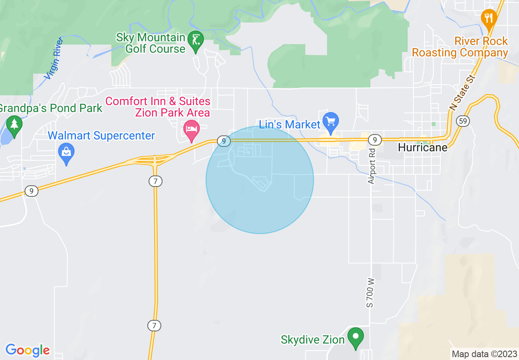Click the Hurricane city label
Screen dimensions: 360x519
[423, 148]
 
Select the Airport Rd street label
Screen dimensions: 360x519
[371, 165]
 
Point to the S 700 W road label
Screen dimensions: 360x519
[370, 292]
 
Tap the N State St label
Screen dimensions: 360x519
[463, 92]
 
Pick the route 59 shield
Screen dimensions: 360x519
[463, 121]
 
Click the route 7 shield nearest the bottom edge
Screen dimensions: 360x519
[154, 326]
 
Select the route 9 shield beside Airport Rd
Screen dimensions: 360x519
[375, 140]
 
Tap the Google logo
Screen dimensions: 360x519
[27, 350]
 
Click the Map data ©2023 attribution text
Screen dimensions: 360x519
[484, 354]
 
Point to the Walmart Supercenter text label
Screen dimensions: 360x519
[102, 136]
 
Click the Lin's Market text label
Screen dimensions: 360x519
[290, 124]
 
